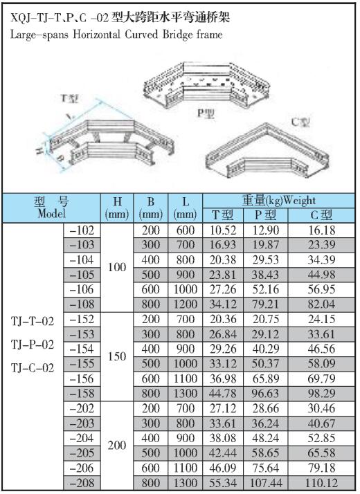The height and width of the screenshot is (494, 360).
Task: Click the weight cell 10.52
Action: (x=223, y=230)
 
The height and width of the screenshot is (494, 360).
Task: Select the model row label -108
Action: (x=82, y=304)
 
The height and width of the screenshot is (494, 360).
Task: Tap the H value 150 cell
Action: (x=117, y=356)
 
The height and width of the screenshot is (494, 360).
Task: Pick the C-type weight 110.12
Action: (x=321, y=483)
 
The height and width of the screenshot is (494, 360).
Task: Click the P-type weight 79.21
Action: (x=266, y=304)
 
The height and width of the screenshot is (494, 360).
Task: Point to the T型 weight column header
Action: (x=222, y=215)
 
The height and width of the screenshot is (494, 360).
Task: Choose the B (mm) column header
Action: (x=151, y=208)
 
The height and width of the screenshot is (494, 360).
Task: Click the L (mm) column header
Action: (x=186, y=208)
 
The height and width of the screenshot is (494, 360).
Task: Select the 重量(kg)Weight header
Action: (x=279, y=201)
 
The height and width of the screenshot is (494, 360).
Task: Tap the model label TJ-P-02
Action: (x=33, y=345)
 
